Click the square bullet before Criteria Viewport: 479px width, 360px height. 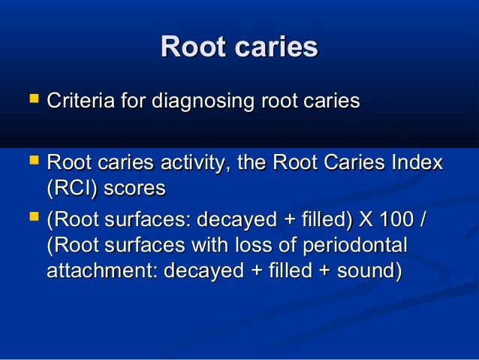point(31,99)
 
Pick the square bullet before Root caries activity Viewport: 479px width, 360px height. point(31,162)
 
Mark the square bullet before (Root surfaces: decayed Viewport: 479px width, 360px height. point(31,220)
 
